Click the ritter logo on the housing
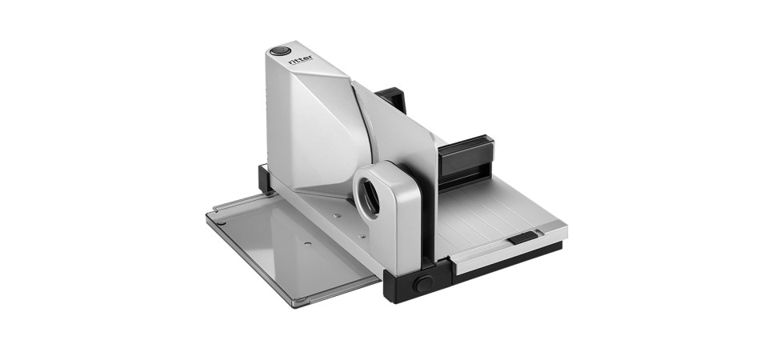[300, 60]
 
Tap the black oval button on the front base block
[422, 284]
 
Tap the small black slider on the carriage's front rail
[522, 238]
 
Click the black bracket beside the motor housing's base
[265, 178]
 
